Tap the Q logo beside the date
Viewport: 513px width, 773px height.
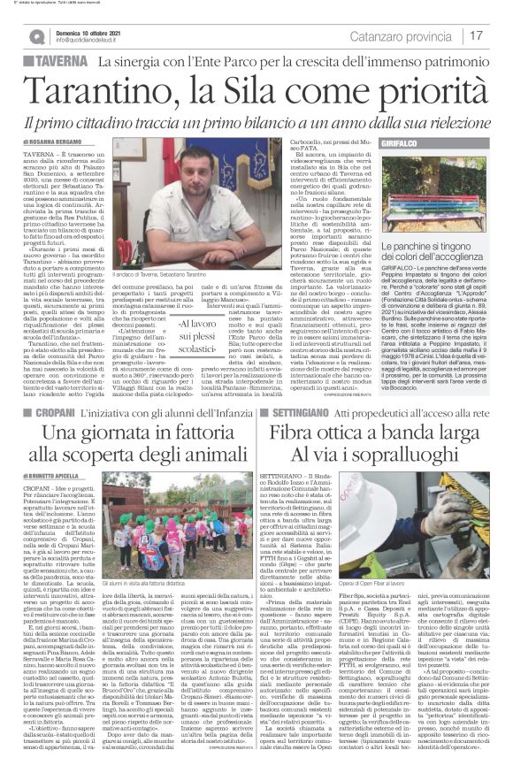tap(36, 36)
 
